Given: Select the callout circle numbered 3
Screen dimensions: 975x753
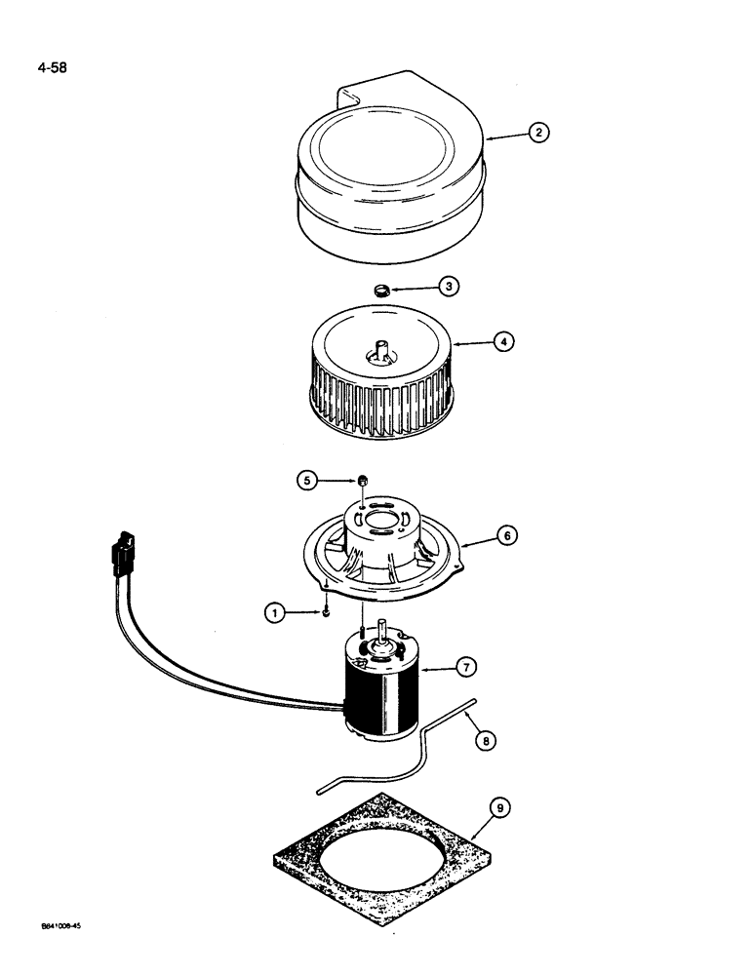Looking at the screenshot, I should [x=448, y=286].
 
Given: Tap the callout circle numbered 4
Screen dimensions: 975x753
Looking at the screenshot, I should [x=503, y=342].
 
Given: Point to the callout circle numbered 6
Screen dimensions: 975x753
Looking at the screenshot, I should [x=507, y=535].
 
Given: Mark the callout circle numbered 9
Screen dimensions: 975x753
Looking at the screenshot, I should [x=499, y=808].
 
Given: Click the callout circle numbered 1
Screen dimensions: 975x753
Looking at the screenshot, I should [x=276, y=612].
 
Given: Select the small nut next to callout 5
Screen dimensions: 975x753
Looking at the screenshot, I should [x=360, y=479].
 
